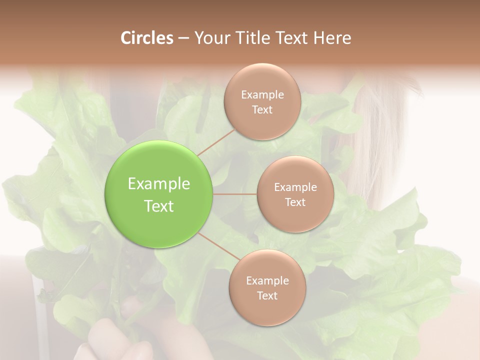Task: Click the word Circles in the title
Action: (x=147, y=38)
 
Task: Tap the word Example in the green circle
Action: (x=159, y=184)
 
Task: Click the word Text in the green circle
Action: (x=159, y=206)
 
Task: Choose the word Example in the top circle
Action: (x=262, y=95)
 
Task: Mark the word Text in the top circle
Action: (x=262, y=110)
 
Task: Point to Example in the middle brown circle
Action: (x=295, y=187)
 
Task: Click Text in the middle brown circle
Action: (x=295, y=202)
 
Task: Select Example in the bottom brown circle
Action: (x=267, y=281)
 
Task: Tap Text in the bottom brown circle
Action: (x=267, y=296)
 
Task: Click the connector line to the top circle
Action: (x=216, y=142)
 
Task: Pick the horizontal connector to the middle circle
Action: (x=234, y=194)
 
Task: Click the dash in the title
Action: (x=183, y=38)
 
